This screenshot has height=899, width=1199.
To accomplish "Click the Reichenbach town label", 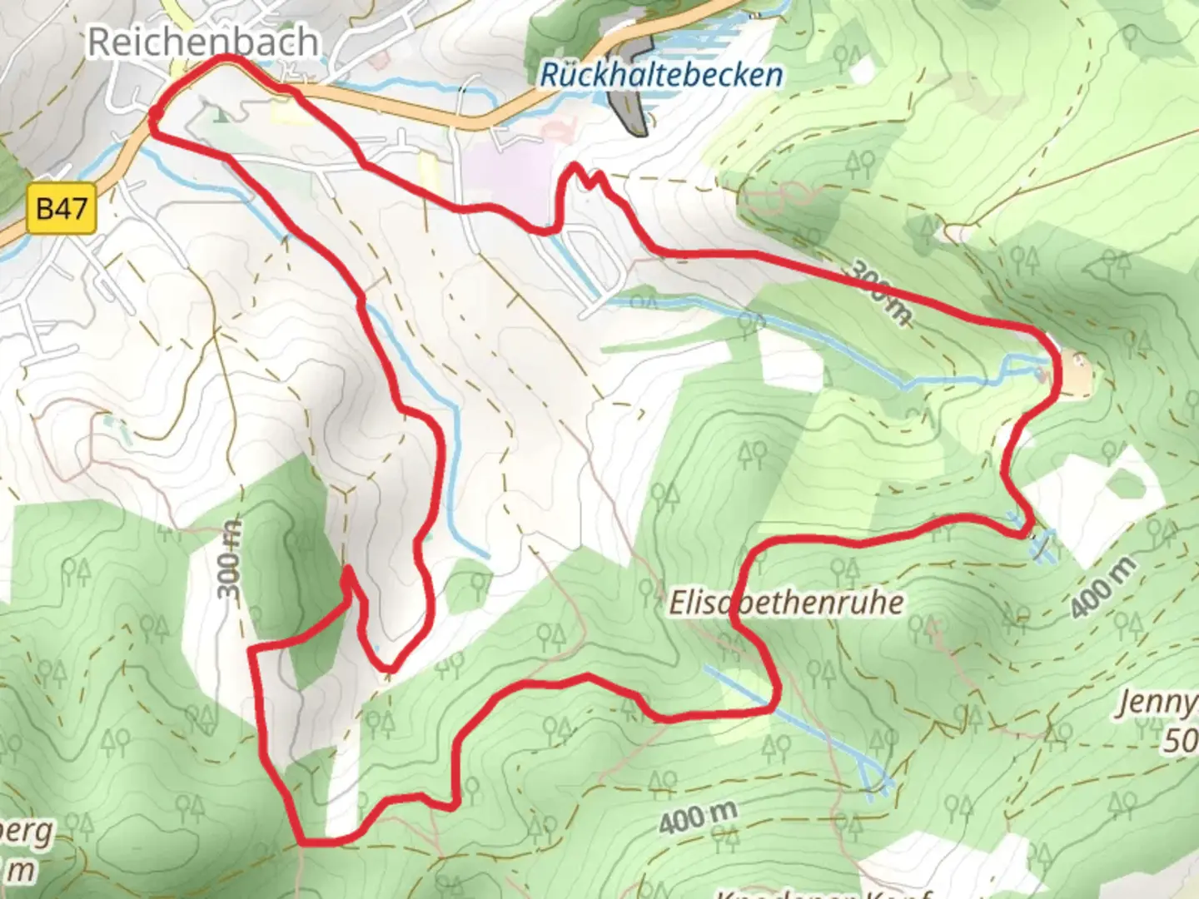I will point(202,42).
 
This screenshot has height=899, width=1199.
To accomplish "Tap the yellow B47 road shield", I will point(62,208).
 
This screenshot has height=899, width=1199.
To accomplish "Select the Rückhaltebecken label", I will point(661,75).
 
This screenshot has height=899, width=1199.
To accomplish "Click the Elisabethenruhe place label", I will point(786,602).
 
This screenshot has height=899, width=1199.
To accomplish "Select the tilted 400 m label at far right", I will point(1102,588).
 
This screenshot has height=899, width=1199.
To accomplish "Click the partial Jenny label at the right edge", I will point(1157,703).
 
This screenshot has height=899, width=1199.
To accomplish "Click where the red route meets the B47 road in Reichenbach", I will point(155,123).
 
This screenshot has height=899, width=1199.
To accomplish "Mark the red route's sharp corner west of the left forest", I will point(254,648).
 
